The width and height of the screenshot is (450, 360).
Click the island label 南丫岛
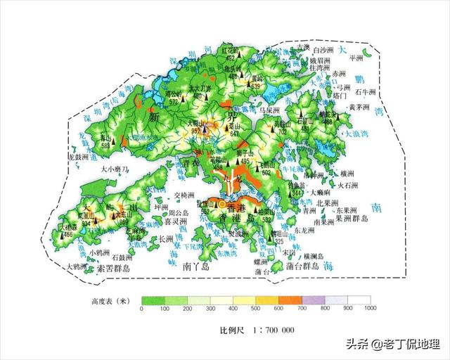point(196,267)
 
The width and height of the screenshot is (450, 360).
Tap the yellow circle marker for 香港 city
point(222,204)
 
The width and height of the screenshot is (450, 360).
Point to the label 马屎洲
point(269,111)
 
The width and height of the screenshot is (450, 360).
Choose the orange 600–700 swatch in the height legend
point(291,300)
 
